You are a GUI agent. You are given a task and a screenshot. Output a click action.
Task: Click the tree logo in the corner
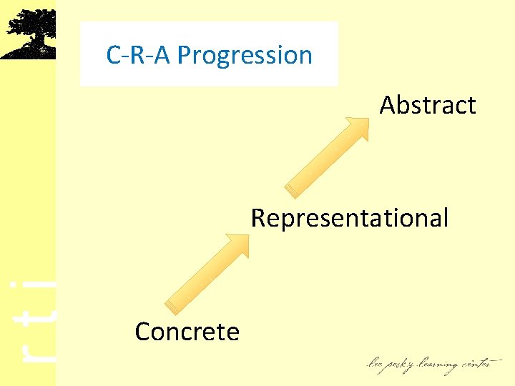(29, 32)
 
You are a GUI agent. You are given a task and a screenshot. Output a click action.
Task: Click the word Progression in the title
(245, 55)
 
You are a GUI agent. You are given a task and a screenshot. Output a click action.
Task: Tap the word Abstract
(428, 105)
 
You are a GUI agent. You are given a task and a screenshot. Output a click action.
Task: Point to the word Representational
(350, 217)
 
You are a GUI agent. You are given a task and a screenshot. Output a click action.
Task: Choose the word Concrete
(187, 332)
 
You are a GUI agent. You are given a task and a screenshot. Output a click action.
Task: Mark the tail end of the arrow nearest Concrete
(171, 307)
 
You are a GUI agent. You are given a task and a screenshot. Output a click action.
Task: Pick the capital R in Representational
(258, 217)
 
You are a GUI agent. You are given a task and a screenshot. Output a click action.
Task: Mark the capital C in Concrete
(142, 332)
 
